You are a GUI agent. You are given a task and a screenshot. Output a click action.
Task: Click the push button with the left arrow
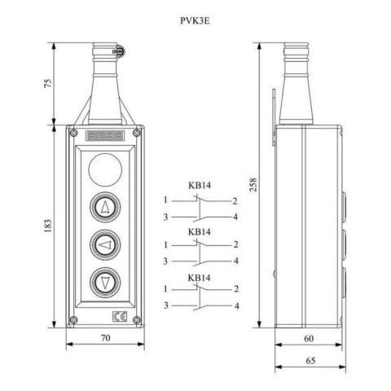pyautogui.click(x=106, y=244)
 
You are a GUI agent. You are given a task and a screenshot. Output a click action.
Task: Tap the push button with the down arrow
pyautogui.click(x=106, y=282)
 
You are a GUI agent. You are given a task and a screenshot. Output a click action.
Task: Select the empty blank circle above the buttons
pyautogui.click(x=106, y=172)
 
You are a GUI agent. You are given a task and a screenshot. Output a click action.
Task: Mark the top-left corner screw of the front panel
pyautogui.click(x=74, y=134)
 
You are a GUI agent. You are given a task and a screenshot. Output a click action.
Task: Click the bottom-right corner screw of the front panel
pyautogui.click(x=138, y=319)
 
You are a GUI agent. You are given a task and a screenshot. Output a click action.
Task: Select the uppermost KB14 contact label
pyautogui.click(x=200, y=186)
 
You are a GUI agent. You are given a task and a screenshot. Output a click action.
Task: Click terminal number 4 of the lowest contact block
pyautogui.click(x=236, y=305)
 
